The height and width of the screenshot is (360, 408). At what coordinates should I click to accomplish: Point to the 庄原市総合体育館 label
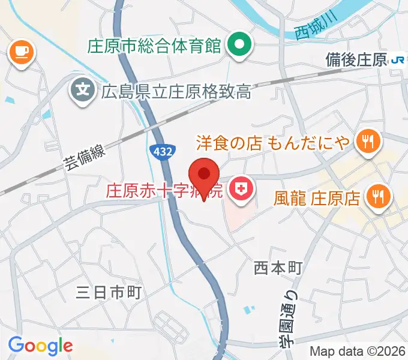point(155,46)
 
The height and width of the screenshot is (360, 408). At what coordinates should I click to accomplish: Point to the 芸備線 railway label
point(85,158)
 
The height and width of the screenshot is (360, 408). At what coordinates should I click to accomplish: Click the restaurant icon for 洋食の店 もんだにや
point(365,142)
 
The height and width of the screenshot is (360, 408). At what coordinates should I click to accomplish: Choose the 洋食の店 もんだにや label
point(274,142)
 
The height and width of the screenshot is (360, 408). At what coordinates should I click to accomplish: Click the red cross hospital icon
point(242,191)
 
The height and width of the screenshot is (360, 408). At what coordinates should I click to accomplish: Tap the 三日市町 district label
point(109,292)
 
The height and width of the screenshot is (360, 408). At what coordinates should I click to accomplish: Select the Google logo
point(40,345)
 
